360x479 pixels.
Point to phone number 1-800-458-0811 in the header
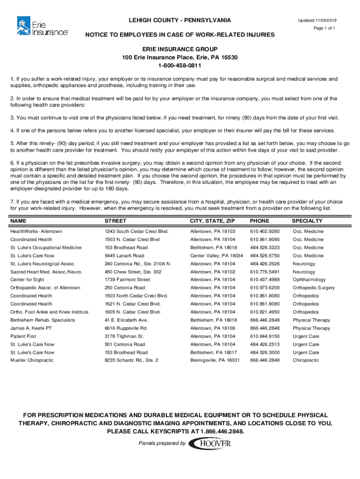180,65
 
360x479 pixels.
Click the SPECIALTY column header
307,221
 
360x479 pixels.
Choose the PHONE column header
259,221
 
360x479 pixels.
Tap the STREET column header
115,221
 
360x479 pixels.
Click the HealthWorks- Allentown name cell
36,232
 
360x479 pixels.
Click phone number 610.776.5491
265,272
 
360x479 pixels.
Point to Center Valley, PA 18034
216,256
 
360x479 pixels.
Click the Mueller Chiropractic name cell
32,360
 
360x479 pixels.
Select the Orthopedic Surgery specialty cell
314,288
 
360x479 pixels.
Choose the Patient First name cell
25,336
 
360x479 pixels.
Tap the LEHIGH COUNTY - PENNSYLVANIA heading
180,21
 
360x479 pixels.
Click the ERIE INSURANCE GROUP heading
180,49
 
